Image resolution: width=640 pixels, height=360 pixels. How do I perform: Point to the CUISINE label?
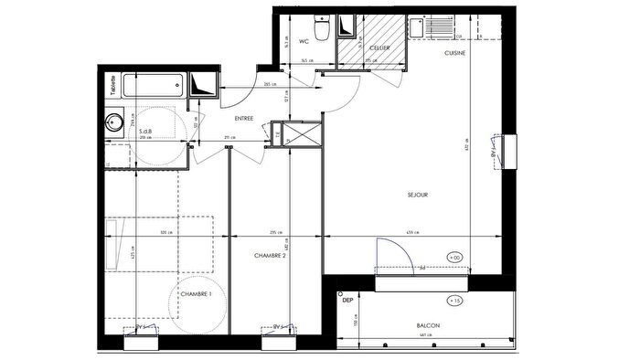(455, 54)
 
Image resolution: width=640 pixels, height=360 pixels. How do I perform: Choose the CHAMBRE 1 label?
(196, 293)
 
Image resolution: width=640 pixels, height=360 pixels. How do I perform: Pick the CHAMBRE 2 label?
(271, 257)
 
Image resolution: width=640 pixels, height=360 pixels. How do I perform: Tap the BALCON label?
(428, 326)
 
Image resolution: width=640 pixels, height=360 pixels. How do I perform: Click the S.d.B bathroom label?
(145, 132)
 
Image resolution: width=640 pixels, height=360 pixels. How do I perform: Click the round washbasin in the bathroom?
(116, 122)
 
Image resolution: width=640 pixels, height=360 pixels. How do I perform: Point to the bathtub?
(155, 87)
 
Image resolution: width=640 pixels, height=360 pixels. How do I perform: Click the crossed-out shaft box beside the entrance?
(301, 135)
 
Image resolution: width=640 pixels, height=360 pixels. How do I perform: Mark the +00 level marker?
(455, 256)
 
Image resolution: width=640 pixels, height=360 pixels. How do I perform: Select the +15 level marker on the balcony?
(455, 300)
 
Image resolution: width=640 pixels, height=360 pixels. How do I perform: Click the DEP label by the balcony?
(347, 300)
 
